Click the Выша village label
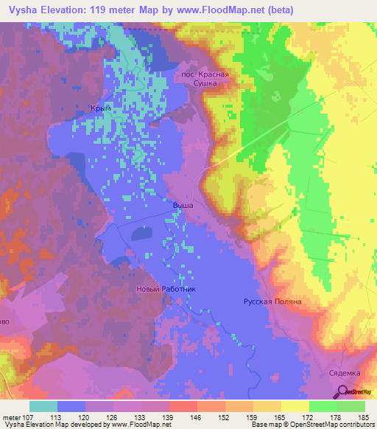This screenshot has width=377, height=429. [x=182, y=206]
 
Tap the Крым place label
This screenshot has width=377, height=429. [x=101, y=108]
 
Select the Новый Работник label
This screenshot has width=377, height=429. [x=166, y=290]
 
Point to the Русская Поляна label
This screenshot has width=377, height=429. [x=273, y=302]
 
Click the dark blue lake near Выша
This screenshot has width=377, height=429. [x=142, y=235]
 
